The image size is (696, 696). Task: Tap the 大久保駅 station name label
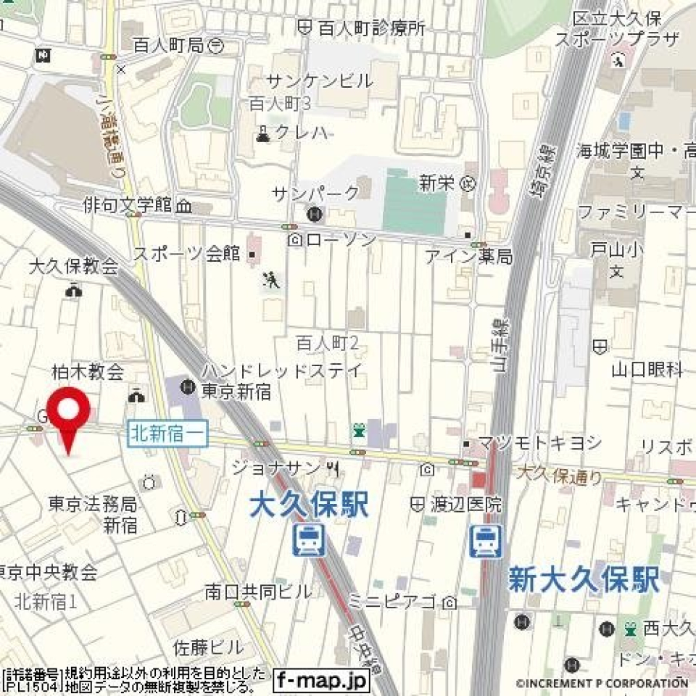coord(309,505)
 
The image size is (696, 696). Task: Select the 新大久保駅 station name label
coord(583,580)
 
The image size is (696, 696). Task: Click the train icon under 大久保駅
coord(309,541)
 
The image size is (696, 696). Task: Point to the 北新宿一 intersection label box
coord(168,434)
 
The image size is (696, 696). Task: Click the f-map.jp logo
coord(321,681)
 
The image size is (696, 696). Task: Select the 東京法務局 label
coord(93,503)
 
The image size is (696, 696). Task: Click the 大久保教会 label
coord(73,266)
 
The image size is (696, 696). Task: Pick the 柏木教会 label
coord(88,373)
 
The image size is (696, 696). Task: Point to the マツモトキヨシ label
coord(539,442)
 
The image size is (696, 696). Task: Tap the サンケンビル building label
coord(320,80)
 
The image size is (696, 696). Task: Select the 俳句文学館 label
coord(128,206)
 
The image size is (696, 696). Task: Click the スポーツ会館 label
coord(186,254)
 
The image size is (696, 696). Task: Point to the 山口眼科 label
coord(647,370)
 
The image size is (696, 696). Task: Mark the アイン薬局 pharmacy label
coord(468,256)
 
